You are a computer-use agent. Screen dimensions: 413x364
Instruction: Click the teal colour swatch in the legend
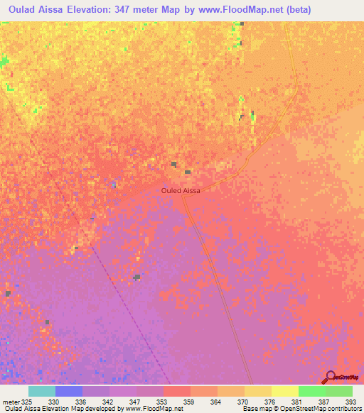tap(42, 391)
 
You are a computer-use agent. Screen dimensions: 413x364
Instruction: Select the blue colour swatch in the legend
tap(69, 391)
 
